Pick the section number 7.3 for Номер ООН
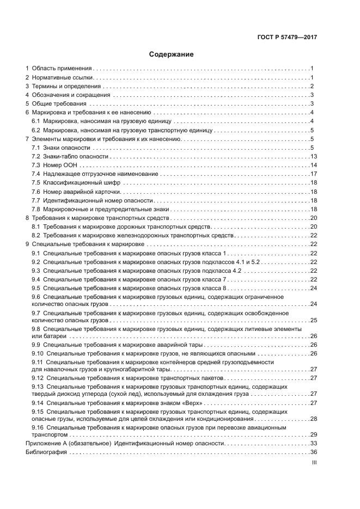click(x=36, y=165)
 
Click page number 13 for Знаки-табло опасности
click(x=313, y=156)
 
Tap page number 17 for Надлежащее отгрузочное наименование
click(x=313, y=174)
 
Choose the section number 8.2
click(x=36, y=235)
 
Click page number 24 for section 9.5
click(x=313, y=287)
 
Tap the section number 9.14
click(x=38, y=403)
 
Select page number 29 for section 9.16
click(x=313, y=434)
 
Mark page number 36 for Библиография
click(x=313, y=452)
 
